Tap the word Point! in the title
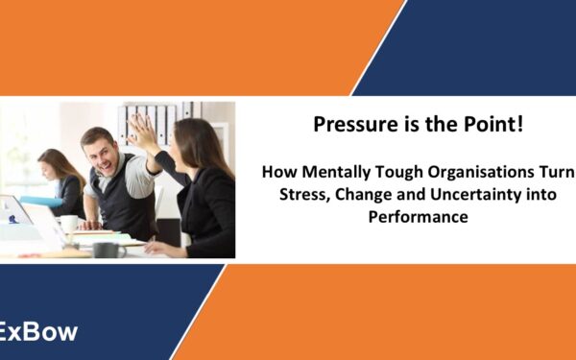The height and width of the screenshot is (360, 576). point(498,124)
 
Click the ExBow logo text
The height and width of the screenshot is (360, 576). point(38,333)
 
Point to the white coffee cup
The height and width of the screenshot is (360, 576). point(68,223)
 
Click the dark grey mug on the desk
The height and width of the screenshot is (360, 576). point(105,249)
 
